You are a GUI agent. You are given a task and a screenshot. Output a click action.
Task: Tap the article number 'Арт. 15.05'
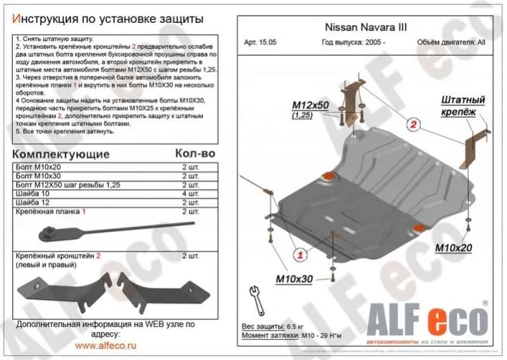[261, 43]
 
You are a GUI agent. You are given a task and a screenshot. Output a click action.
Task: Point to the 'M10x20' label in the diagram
[453, 248]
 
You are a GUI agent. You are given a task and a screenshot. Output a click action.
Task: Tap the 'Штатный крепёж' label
[463, 105]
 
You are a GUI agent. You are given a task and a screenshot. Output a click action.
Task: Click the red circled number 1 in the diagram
[300, 255]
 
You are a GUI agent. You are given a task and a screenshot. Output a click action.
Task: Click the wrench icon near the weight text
[258, 298]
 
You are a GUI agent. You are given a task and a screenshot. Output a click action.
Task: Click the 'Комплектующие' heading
[61, 154]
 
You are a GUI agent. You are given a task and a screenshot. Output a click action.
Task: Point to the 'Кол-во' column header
[195, 154]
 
